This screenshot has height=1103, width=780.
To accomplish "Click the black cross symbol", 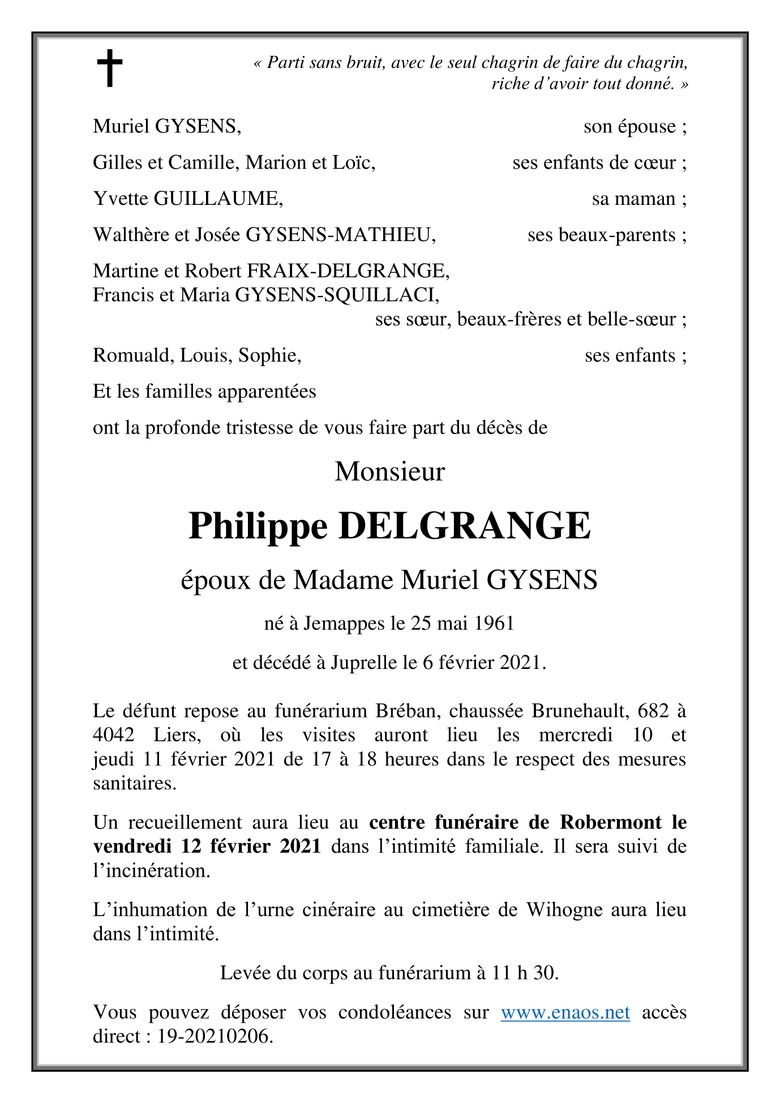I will [109, 68].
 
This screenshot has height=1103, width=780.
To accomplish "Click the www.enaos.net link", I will [565, 1012].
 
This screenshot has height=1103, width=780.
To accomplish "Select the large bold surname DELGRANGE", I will [464, 526].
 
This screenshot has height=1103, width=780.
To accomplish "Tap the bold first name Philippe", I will [258, 526].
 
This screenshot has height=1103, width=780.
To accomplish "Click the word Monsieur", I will [390, 472].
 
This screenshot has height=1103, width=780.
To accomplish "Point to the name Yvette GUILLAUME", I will [187, 199].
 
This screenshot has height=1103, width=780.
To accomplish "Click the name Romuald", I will [134, 355].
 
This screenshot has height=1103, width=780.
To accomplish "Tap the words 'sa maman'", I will [633, 199].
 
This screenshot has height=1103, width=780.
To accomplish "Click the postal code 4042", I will [114, 735].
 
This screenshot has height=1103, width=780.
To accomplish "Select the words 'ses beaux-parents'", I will [601, 235].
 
